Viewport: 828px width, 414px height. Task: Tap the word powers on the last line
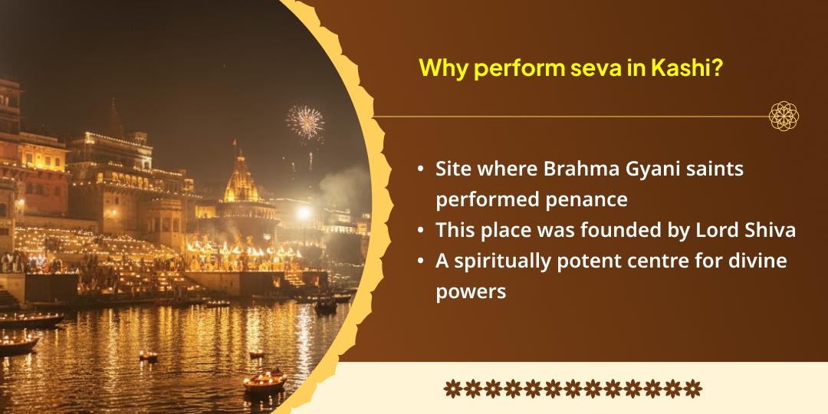(x=471, y=291)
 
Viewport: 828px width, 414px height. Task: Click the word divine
(x=757, y=261)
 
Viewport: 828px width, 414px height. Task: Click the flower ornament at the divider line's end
(x=784, y=116)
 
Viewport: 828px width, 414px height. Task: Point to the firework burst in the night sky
(x=305, y=122)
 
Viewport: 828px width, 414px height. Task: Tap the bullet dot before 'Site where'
(x=421, y=169)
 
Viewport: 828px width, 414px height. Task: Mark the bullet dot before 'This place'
(x=421, y=230)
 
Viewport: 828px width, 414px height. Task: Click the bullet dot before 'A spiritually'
(x=421, y=261)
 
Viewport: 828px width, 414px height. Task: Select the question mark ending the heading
(x=720, y=68)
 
